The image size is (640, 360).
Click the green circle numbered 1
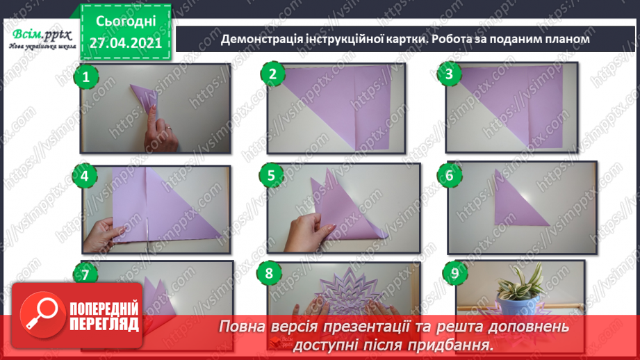86,76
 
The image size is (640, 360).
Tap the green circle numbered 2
272,74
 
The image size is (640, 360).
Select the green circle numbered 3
449,74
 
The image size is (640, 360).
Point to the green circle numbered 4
85,176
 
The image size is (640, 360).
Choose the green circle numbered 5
272,176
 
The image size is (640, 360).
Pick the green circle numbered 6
450,175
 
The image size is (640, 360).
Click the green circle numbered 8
269,273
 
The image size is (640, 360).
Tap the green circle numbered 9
454,273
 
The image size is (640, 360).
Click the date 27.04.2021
126,43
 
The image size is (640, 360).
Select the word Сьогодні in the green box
126,22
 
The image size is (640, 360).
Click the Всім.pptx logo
42,39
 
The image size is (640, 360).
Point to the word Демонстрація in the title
262,39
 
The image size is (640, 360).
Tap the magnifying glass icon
42,315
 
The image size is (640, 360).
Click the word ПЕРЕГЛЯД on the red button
104,325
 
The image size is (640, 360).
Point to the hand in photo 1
161,130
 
